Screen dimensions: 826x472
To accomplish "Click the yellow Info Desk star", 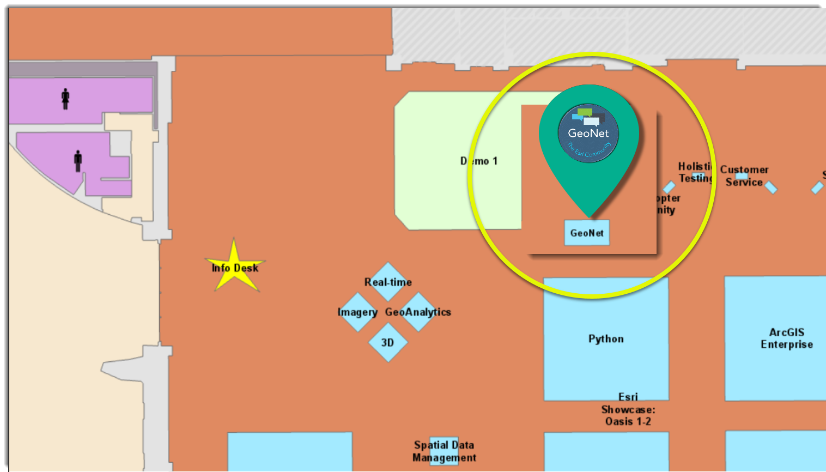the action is (x=234, y=267).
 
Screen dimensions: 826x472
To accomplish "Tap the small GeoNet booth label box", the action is (x=587, y=233).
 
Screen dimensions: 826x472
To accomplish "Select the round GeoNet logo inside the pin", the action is (x=588, y=133).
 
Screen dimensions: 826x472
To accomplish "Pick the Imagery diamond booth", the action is (x=357, y=312).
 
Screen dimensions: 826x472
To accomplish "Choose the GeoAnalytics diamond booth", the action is (x=418, y=312).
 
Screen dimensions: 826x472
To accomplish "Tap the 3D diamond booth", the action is (x=387, y=342).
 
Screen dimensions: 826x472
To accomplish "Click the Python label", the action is (x=606, y=338).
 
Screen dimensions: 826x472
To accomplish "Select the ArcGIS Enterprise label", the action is (x=787, y=338).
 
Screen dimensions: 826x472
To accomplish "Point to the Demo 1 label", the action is (x=479, y=161).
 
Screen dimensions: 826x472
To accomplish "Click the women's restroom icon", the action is (x=65, y=99).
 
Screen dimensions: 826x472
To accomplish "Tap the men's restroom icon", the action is (x=78, y=161).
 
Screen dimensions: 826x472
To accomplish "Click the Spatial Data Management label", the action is (x=444, y=451).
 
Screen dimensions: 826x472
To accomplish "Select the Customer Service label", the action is (x=744, y=176).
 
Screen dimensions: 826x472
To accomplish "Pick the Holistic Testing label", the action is (x=695, y=172).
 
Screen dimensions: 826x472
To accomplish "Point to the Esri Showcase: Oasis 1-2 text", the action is (x=628, y=409).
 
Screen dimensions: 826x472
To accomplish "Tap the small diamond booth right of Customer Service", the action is (x=770, y=187).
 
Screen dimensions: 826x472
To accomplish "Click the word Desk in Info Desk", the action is (x=246, y=268).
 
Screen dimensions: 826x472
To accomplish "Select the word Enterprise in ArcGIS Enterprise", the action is (x=787, y=344).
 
